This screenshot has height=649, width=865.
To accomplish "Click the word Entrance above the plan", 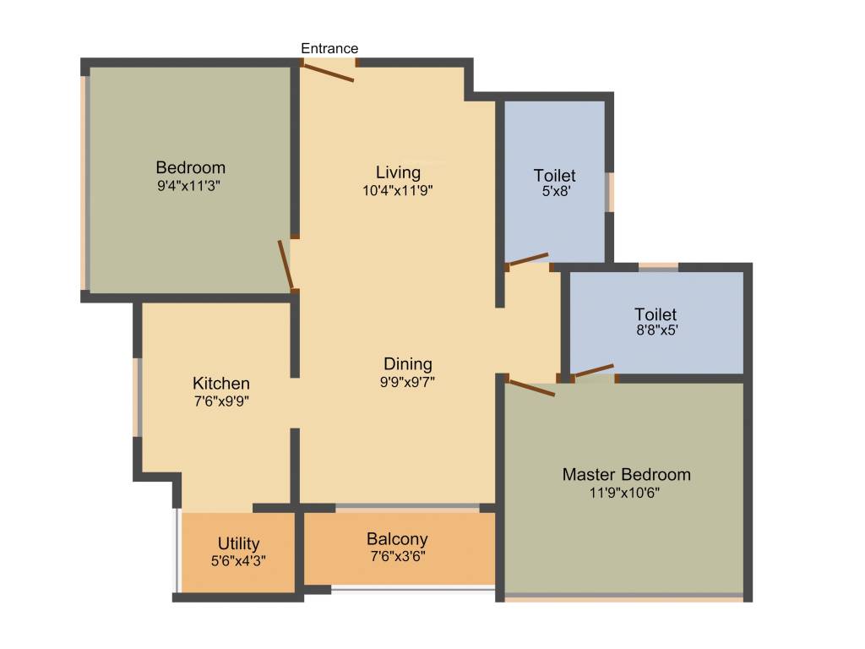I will (329, 48).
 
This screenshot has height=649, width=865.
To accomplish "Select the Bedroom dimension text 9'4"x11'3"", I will (190, 185).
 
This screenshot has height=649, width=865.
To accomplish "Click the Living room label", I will (398, 173).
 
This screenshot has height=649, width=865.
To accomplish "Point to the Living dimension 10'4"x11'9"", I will (398, 190).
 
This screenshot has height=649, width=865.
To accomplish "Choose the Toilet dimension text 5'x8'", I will (555, 192).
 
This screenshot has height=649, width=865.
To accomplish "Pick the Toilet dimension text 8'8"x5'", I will (656, 331).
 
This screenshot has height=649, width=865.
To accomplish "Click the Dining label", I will (407, 364).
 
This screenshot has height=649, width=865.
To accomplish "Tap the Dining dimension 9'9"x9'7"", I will (408, 381).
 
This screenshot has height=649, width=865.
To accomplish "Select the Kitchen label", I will (220, 384).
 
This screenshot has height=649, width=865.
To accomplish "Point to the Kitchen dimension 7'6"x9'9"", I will (221, 401).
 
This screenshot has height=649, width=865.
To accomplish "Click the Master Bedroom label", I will (626, 474).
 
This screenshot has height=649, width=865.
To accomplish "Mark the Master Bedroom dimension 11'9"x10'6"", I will (626, 492).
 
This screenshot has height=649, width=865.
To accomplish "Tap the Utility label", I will (238, 543).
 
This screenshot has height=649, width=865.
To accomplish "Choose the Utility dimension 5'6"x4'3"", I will (238, 560).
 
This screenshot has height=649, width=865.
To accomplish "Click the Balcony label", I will (397, 539).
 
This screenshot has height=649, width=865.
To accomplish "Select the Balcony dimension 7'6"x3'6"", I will (397, 557).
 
